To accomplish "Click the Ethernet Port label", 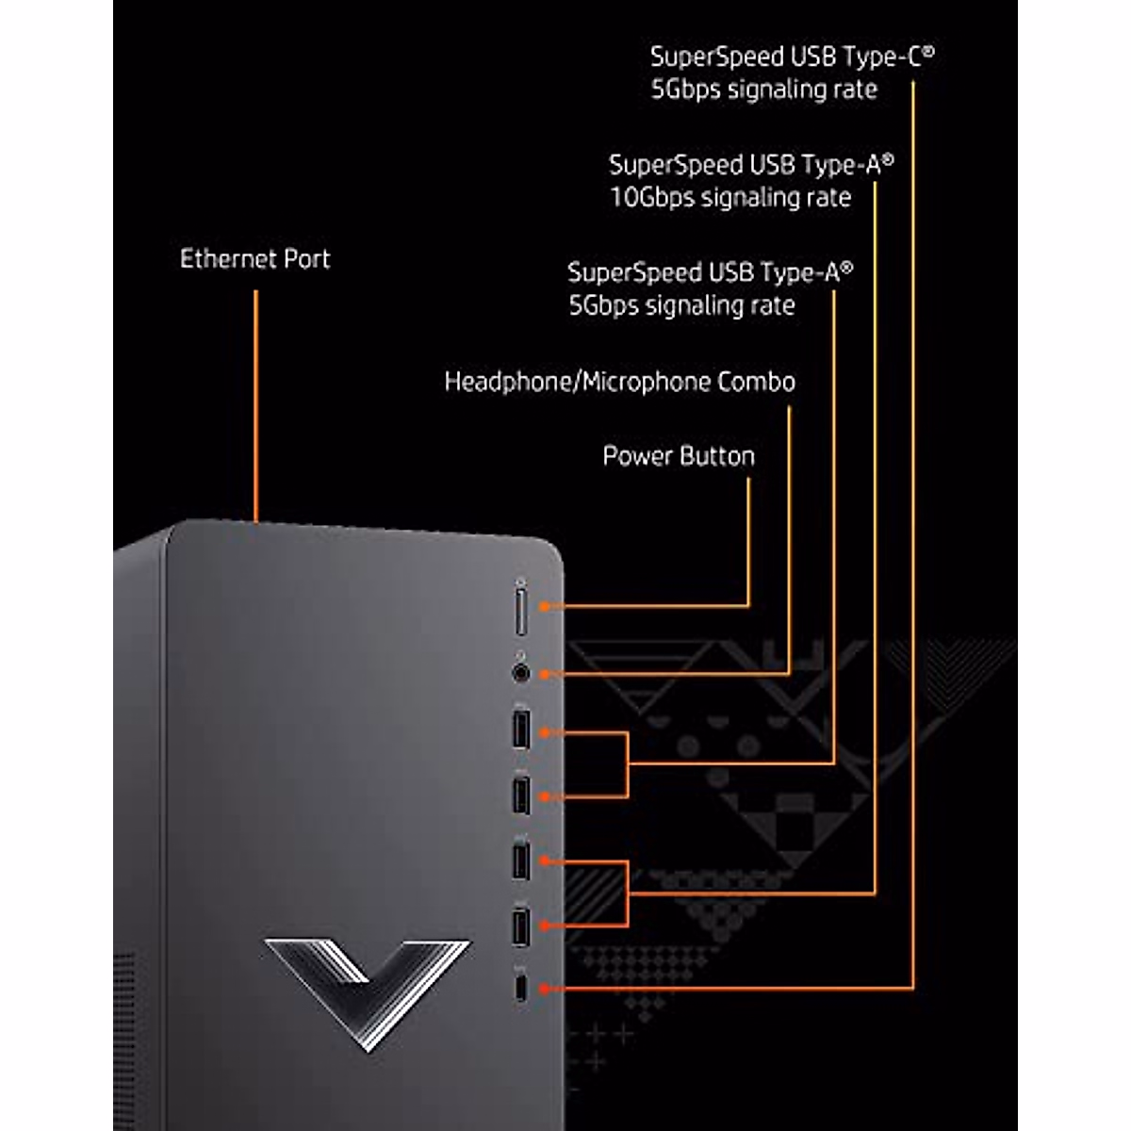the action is [254, 259].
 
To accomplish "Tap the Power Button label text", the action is [679, 456].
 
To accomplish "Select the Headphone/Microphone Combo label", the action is [619, 382].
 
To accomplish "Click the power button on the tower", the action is [520, 609].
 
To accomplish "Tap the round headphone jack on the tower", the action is [520, 673].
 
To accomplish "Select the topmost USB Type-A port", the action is [520, 729].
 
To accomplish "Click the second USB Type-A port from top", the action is [520, 795].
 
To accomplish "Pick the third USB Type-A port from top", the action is [520, 860].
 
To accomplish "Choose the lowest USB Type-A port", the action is [520, 926].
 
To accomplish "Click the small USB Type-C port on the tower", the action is [520, 988].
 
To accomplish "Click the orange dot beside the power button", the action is [545, 606].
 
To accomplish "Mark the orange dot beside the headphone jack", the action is [545, 673].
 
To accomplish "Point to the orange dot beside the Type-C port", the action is [545, 988].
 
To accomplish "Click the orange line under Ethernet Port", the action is [255, 405].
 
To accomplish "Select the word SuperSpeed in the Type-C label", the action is [717, 57].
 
